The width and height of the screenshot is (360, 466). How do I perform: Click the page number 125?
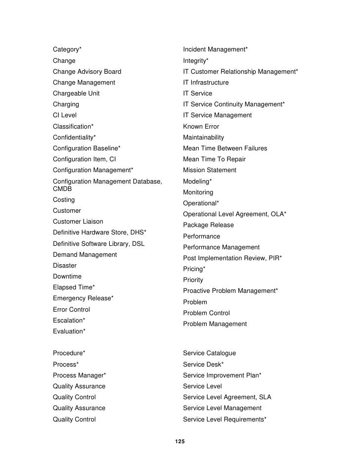point(180,441)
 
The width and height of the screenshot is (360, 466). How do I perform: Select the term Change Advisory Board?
point(87,72)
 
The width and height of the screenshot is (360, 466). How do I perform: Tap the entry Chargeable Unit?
point(76,93)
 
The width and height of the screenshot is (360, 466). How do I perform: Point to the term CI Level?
point(65,115)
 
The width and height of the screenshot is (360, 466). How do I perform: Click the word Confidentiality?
point(73,138)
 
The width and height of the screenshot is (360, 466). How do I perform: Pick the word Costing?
point(64,200)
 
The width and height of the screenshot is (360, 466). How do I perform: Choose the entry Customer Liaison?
point(78,222)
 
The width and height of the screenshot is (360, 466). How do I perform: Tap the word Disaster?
point(65,266)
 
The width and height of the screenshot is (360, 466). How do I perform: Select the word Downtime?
point(67,277)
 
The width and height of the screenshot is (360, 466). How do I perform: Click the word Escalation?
point(68,321)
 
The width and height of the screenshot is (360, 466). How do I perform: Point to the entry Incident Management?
point(214,49)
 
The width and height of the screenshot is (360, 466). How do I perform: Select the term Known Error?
point(201,127)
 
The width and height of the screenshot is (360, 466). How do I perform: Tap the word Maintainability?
point(203,138)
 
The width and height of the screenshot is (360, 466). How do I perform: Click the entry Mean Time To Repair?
point(214,159)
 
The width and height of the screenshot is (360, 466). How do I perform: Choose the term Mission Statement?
point(210,170)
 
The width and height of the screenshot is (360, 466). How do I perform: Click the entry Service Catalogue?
point(209,353)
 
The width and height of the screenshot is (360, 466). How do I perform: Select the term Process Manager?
point(78,375)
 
